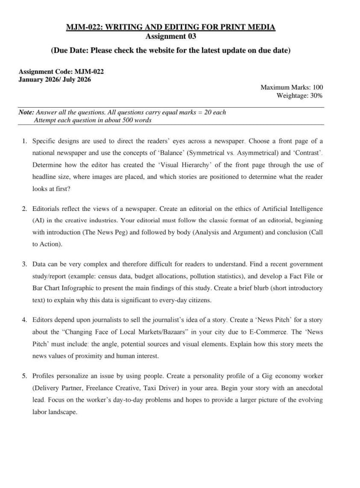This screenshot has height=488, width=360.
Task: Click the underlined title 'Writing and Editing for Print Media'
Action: pos(190,28)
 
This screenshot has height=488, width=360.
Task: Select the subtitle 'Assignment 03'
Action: pos(171,37)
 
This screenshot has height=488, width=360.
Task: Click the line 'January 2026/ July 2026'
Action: pos(55,79)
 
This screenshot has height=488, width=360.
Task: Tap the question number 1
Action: pos(24,141)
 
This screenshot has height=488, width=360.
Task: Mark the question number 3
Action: pos(24,264)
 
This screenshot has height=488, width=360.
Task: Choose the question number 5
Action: pos(24,376)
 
